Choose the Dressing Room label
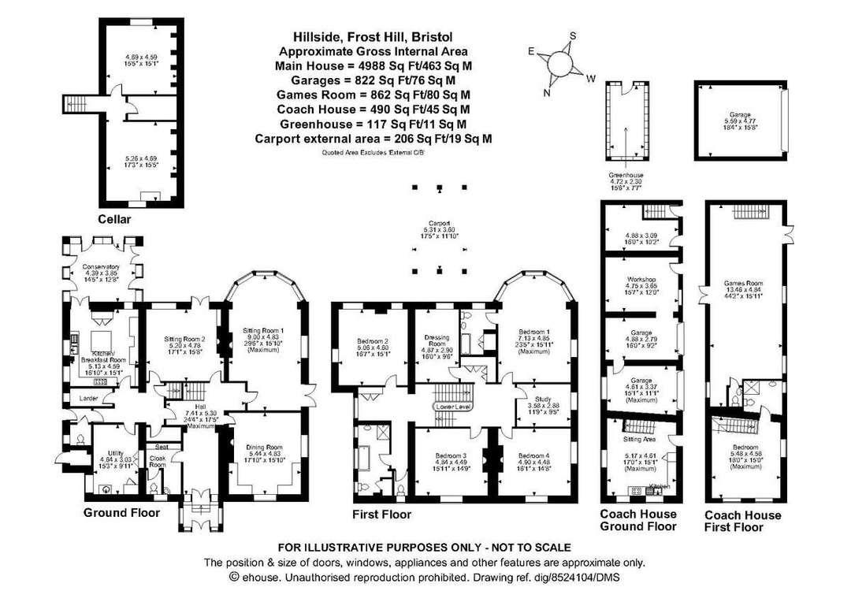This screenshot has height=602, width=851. [x=436, y=341]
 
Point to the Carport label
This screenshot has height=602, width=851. [x=438, y=223]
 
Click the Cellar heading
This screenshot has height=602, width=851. [x=114, y=217]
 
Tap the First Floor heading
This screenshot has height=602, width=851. [x=381, y=515]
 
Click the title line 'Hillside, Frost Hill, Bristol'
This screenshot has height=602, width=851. [x=373, y=36]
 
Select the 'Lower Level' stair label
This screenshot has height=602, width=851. [x=448, y=407]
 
